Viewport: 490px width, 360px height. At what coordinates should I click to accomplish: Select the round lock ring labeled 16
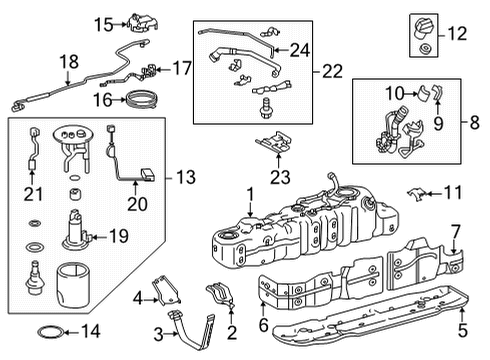(138, 98)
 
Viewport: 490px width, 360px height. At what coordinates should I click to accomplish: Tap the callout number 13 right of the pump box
(185, 177)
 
